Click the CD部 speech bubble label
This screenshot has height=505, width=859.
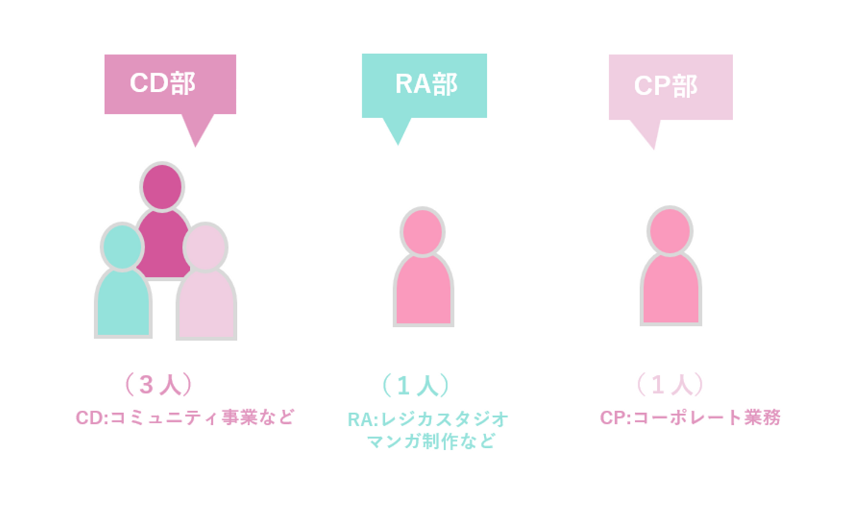170,83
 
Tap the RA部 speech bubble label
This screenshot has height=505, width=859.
425,85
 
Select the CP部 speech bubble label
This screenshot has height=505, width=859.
670,86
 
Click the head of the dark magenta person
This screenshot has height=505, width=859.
162,187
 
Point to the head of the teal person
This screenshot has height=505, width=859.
122,246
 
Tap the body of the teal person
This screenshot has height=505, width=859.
123,304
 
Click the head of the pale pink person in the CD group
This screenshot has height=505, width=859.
205,247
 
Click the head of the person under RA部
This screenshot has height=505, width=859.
422,232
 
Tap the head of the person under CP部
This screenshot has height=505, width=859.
670,231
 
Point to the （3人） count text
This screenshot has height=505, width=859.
159,385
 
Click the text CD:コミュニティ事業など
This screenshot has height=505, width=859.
185,417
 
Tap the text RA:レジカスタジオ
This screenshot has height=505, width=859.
428,419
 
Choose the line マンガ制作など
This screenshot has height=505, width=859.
431,441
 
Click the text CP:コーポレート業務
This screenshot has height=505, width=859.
690,417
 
